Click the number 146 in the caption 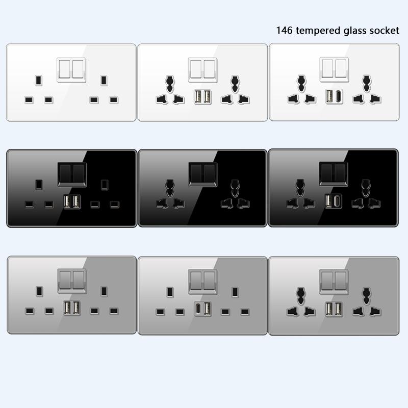tap(284, 30)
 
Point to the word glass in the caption tap(353, 30)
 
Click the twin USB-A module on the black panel tap(71, 202)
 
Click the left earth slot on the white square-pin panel tap(38, 80)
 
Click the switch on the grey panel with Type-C tap(202, 280)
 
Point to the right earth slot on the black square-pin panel tap(105, 183)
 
